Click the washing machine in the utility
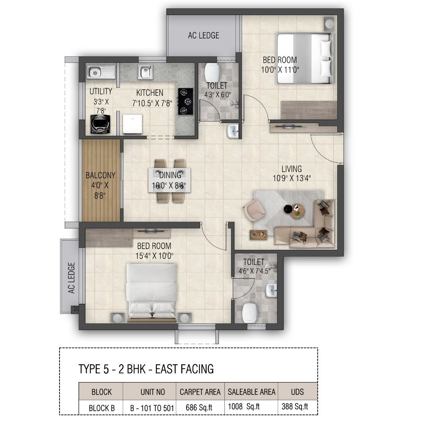click(100, 124)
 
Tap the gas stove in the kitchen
click(186, 101)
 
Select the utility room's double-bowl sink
click(101, 72)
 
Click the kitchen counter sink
click(145, 71)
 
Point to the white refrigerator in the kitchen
click(132, 124)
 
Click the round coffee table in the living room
click(297, 211)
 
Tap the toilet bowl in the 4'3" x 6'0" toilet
click(212, 73)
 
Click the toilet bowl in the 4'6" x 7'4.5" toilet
click(250, 313)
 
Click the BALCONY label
click(100, 175)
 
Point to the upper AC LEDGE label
click(203, 35)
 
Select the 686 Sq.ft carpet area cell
click(199, 408)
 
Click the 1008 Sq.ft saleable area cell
click(243, 407)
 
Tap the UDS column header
click(298, 392)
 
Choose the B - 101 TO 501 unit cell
click(152, 408)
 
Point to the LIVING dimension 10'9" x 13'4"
click(292, 178)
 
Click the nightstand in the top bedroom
click(329, 24)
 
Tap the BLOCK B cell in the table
click(102, 408)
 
